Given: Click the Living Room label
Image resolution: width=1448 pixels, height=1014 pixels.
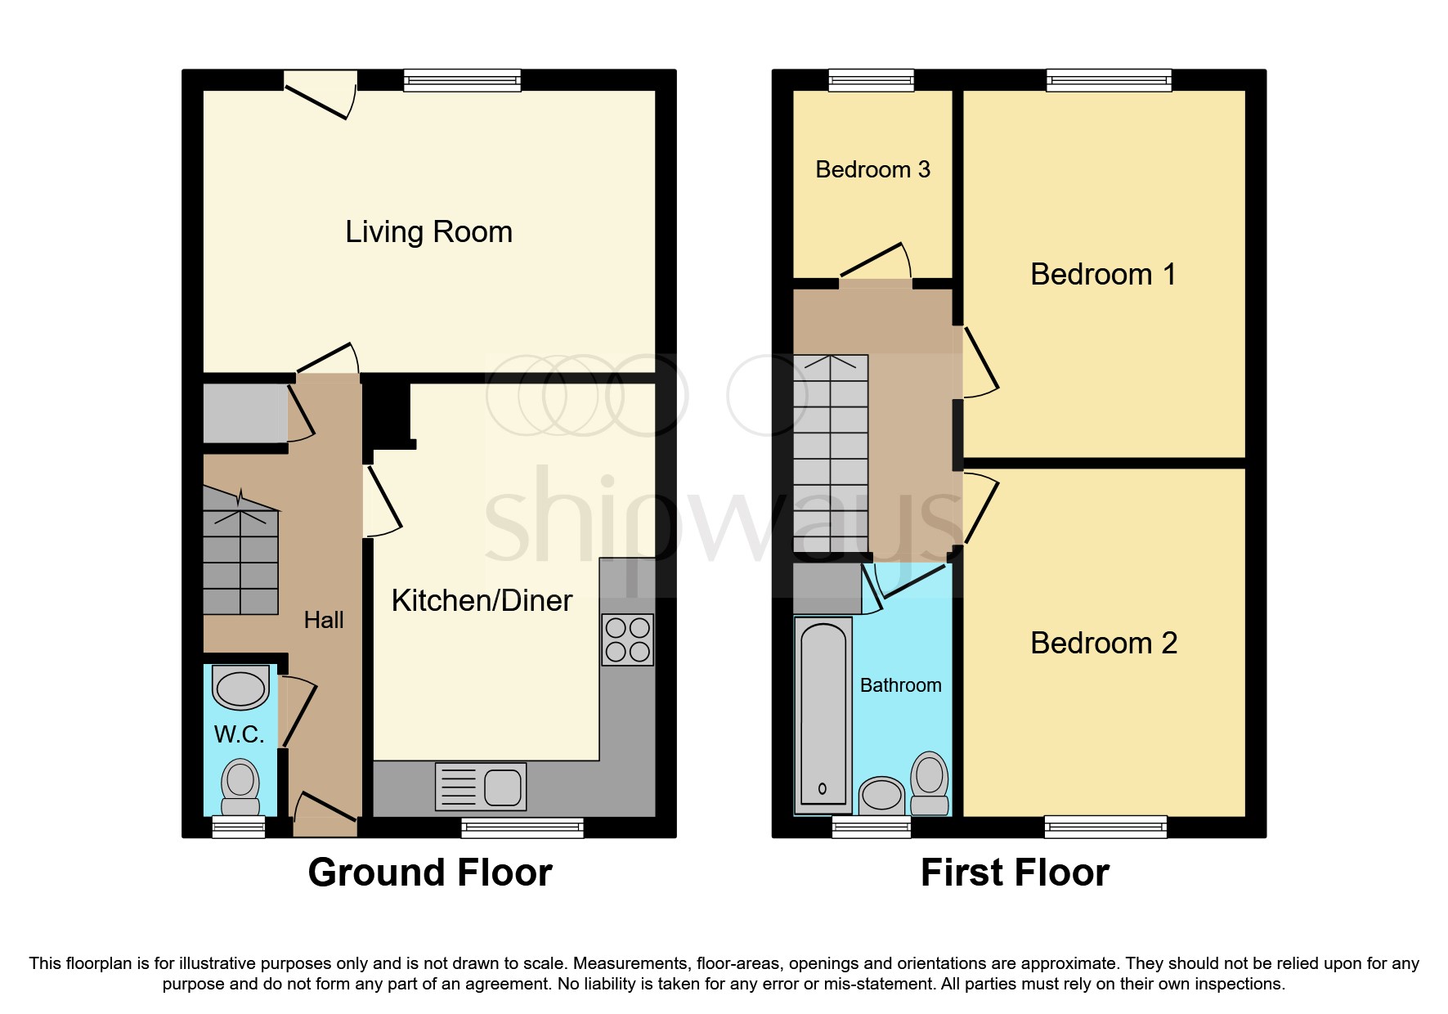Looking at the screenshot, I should coord(428,232).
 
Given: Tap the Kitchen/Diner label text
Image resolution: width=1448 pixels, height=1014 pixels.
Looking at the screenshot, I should coord(482,601).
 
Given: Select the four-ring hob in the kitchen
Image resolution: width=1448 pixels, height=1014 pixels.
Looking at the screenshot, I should coord(628,639).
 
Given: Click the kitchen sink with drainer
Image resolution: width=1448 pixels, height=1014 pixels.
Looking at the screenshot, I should coord(481,787).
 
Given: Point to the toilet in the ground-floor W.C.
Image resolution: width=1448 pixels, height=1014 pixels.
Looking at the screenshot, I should coord(240,787).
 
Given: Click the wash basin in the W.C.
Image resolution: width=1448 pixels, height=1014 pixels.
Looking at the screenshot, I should coord(240,688).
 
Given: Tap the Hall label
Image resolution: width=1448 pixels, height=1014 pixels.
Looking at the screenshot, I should coord(324,621).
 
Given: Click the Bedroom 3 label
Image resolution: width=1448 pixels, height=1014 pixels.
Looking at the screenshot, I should coord(872,170).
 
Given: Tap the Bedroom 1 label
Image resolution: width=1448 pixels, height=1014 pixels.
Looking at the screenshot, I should coord(1103,275).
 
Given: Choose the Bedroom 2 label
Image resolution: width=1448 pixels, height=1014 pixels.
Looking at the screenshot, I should coord(1103,644).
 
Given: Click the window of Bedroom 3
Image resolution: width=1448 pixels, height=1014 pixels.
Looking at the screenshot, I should coord(871,80).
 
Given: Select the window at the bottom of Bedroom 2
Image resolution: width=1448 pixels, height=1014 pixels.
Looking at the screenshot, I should coord(1105,827).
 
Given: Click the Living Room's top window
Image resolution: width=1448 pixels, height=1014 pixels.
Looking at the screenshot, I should coord(463,80).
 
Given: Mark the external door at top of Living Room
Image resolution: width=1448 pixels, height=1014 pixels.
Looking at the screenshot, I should coord(321,94).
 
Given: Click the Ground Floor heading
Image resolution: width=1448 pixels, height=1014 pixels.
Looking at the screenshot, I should coord(430,873).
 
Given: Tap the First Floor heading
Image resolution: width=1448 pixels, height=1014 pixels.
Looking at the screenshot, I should coord(1015,873).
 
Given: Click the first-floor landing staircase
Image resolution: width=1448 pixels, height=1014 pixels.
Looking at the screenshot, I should coord(831,454).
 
